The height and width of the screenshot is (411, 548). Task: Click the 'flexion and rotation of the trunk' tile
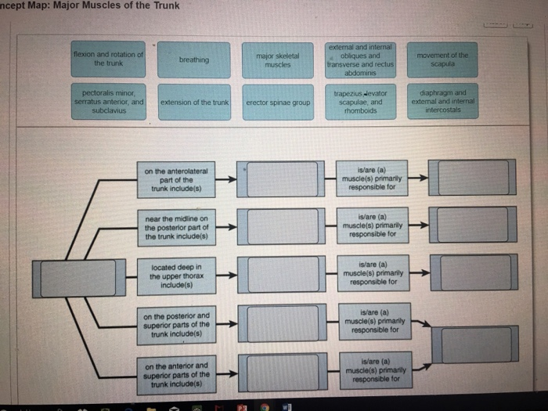pyautogui.click(x=108, y=59)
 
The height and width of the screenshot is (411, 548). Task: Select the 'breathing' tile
pyautogui.click(x=193, y=59)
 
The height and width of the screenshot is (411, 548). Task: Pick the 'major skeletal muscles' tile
pyautogui.click(x=277, y=60)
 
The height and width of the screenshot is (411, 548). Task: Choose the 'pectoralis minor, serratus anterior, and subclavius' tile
pyautogui.click(x=109, y=103)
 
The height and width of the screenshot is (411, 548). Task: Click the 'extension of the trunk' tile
pyautogui.click(x=194, y=103)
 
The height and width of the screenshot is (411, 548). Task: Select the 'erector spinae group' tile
pyautogui.click(x=278, y=103)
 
